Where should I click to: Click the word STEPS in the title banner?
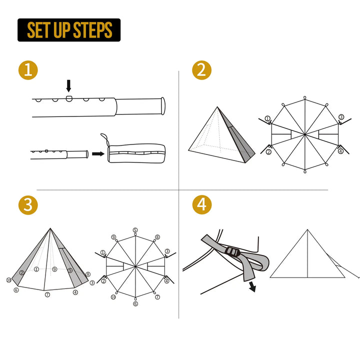coord(92,30)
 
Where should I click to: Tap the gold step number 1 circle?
coord(27,70)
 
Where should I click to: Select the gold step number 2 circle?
coord(201,70)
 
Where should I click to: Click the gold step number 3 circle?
coord(27,204)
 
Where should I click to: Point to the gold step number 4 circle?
coord(201,204)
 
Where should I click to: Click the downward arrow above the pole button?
coord(69,85)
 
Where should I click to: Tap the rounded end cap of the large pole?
coord(162,104)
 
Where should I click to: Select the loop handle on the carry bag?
coord(104,138)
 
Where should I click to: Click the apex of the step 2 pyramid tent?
coord(217,107)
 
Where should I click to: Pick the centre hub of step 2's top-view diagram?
coord(305,134)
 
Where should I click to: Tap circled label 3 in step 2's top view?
coord(341,117)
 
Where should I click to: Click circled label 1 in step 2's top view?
coord(268,119)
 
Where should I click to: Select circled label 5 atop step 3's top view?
coord(135,230)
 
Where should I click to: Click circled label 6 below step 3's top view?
coord(135,303)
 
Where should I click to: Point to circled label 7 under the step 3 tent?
coord(47,295)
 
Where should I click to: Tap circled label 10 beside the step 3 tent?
coord(8,279)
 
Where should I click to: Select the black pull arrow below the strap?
coord(252,286)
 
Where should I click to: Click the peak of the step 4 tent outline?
coord(307,229)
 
